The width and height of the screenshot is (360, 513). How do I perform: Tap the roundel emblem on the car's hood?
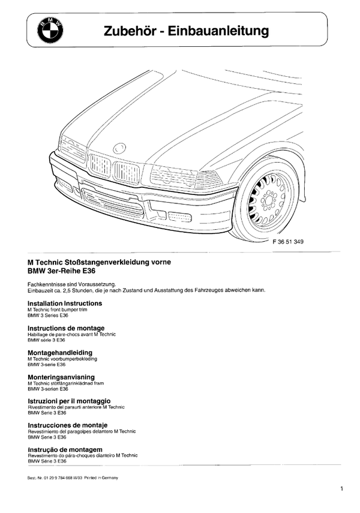[x=119, y=147]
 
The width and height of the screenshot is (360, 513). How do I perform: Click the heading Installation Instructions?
[x=65, y=304]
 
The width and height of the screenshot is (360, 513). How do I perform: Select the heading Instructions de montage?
[x=66, y=328]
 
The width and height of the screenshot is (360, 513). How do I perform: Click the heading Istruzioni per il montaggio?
[x=69, y=401]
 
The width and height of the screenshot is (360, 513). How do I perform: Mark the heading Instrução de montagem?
[x=65, y=449]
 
